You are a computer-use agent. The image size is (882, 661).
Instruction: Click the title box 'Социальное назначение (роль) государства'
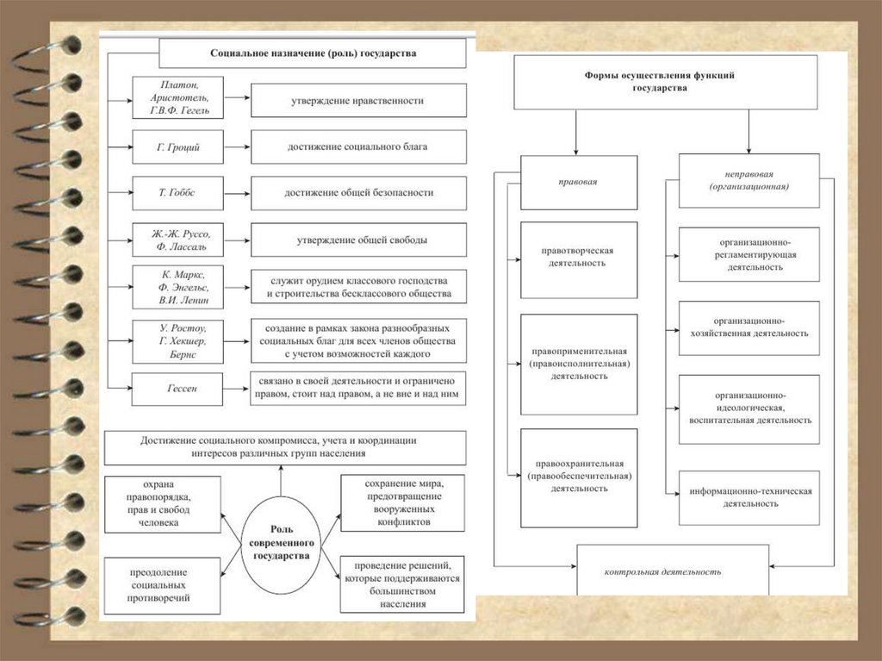[313, 53]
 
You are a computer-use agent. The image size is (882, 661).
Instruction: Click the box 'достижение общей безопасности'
[358, 193]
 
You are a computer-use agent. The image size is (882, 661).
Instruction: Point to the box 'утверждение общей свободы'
[358, 240]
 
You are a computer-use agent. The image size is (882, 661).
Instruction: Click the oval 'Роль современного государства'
[281, 545]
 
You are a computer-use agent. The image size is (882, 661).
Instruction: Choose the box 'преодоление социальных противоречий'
[159, 584]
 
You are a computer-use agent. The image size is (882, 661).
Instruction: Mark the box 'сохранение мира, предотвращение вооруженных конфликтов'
[403, 502]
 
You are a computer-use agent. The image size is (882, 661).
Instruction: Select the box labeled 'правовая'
[579, 183]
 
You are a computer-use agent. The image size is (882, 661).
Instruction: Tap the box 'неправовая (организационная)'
[748, 181]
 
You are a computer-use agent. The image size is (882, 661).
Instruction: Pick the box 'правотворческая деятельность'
[579, 257]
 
